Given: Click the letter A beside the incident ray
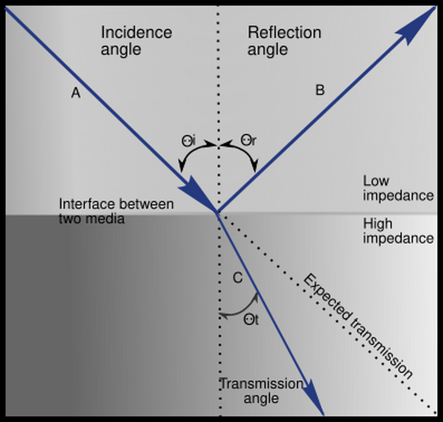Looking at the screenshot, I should coord(76,94).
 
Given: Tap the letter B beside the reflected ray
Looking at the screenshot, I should coord(320,90).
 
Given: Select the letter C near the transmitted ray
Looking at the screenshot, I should coord(237,279).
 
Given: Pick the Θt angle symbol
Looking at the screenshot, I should coord(251,320).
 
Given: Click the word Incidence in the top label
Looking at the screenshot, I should coord(136,32).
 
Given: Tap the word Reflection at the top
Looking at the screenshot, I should coord(284,32).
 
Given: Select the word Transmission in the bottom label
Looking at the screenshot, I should coord(261,384).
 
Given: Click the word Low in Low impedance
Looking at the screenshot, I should coord(376,181).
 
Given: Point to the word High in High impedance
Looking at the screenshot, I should coord(377,224).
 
